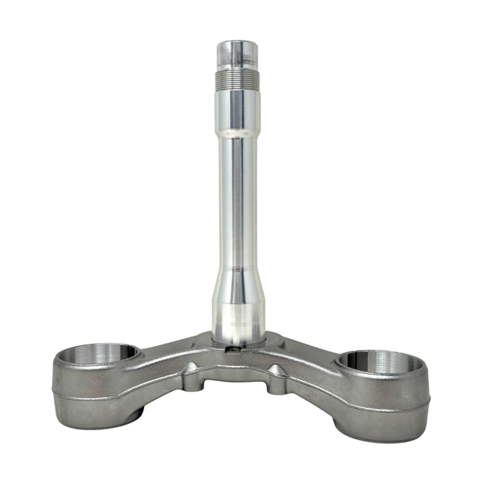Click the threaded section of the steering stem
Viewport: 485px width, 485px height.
click(x=237, y=77)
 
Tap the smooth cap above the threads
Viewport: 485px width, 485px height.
click(x=237, y=54)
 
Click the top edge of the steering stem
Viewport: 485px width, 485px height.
click(x=237, y=43)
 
